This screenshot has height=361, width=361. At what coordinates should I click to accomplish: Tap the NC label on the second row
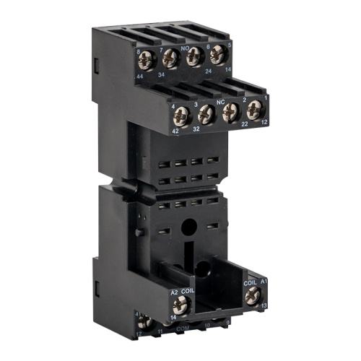click(220, 102)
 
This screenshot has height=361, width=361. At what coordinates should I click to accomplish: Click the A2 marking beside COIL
click(174, 292)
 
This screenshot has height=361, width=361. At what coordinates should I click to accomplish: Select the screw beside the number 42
click(178, 114)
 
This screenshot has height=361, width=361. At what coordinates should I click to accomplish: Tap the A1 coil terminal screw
click(251, 295)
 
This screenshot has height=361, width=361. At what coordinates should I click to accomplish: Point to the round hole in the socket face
click(187, 226)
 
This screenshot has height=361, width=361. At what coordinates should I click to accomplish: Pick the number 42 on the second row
click(174, 131)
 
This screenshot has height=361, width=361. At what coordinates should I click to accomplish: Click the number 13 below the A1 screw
click(263, 305)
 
